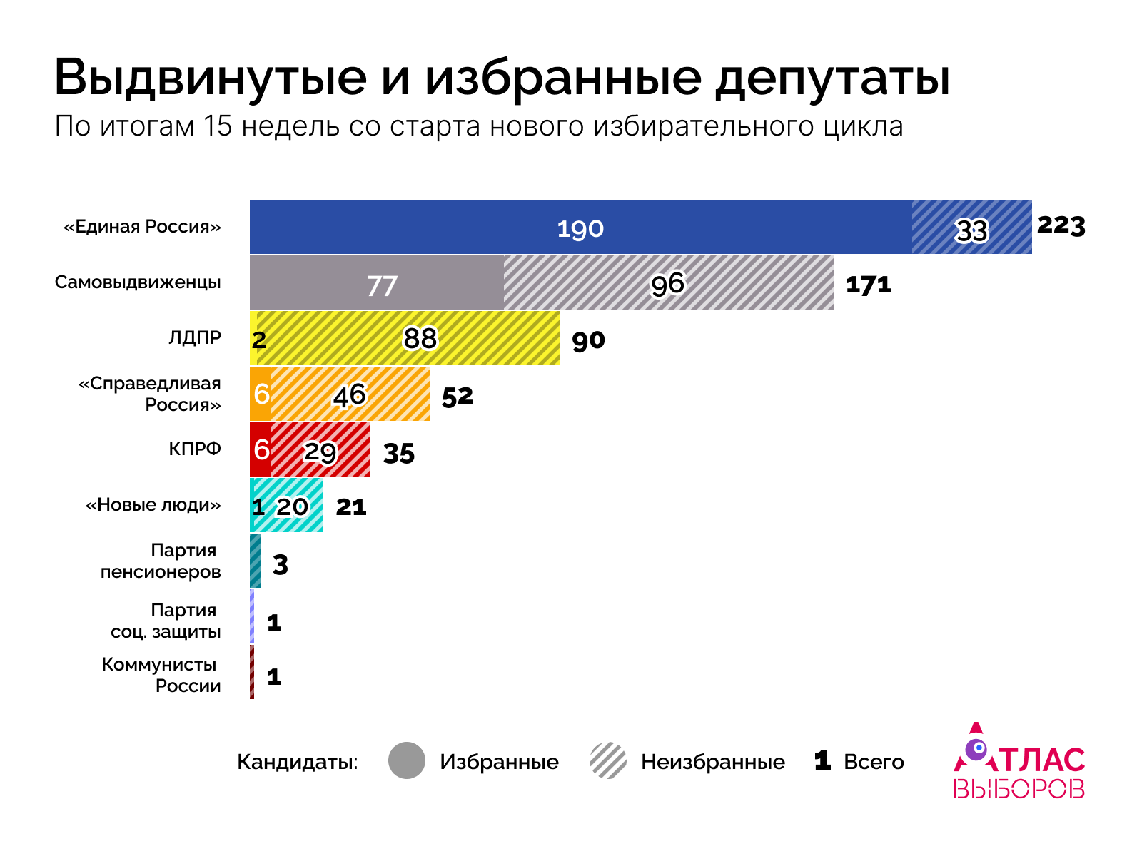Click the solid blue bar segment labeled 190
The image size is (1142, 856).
point(580,228)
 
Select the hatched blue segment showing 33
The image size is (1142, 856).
point(971,228)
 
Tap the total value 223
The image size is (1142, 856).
point(1061,225)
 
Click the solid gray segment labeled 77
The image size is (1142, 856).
point(381,284)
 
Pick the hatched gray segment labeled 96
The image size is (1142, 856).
point(668,283)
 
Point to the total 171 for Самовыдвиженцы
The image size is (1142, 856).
point(868,285)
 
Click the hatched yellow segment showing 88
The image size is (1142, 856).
point(420,338)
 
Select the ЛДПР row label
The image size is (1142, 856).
point(195,337)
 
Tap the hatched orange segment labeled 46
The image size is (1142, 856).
point(350,394)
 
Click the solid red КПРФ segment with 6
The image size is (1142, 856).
point(261,449)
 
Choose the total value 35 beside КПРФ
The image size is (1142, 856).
point(398,453)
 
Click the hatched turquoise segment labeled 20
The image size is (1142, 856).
point(293,506)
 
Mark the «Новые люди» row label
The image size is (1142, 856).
point(153,505)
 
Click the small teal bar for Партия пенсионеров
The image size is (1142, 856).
point(256,561)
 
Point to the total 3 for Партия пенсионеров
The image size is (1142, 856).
point(281,564)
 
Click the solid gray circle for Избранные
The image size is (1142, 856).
point(407,760)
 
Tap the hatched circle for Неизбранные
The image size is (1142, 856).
point(608,760)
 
